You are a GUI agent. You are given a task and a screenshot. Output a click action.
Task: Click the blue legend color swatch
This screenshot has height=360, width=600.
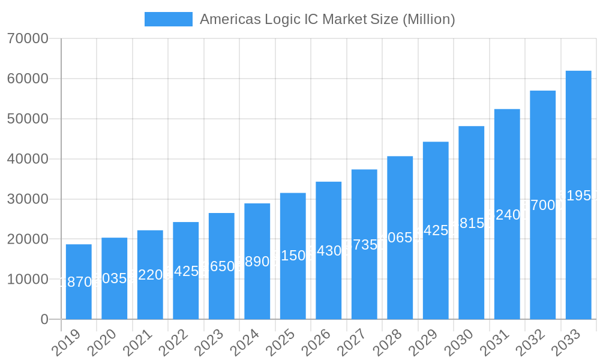click(169, 19)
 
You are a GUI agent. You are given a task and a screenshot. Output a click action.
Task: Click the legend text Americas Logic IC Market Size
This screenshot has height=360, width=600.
click(327, 19)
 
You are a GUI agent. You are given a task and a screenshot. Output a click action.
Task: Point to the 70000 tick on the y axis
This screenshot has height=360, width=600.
click(28, 39)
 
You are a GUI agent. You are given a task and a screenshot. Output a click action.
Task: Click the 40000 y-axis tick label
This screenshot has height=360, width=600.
click(28, 159)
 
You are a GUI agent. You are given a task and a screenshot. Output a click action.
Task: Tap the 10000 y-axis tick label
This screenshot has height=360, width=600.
click(28, 280)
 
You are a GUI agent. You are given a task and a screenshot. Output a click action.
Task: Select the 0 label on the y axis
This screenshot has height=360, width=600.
click(44, 320)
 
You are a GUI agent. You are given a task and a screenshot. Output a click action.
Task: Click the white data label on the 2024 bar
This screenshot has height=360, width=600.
click(257, 262)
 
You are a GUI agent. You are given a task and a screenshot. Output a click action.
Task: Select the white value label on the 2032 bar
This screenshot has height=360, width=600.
click(543, 205)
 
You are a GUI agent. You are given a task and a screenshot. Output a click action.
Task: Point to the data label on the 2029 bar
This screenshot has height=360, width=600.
click(436, 230)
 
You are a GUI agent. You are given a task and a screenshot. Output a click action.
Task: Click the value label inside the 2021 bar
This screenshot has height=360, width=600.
click(150, 275)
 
